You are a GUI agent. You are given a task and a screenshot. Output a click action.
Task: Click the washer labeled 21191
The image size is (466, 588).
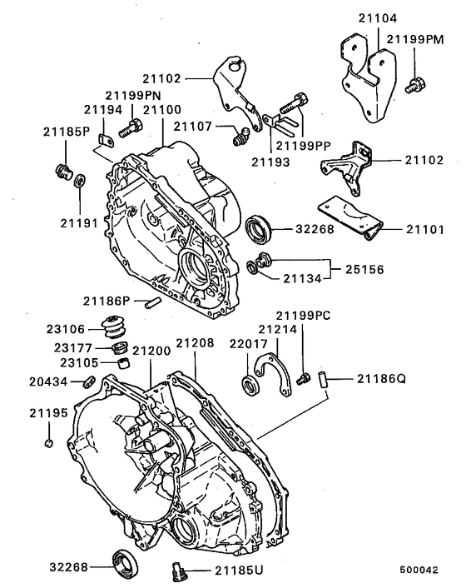tap(78, 181)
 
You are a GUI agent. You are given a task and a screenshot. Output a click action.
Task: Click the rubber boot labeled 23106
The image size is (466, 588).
tap(112, 326)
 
